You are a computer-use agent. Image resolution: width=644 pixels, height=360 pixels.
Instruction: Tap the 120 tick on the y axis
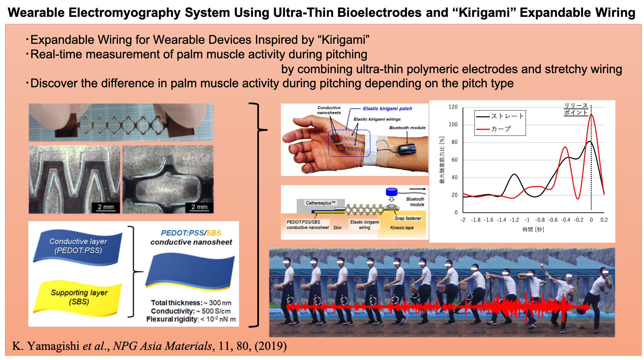coord(453,107)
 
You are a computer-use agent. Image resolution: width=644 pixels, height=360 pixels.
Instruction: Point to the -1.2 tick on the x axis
coord(514,220)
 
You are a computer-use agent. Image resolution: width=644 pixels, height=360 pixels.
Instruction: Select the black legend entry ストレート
coord(500,116)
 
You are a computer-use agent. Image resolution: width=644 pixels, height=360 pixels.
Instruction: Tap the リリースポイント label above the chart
coord(576,109)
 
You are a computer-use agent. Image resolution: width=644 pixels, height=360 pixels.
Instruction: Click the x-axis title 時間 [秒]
coord(533,230)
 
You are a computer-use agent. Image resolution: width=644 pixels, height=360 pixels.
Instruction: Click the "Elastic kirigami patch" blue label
coord(387,109)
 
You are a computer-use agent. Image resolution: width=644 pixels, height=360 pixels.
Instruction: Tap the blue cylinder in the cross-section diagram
coord(391,192)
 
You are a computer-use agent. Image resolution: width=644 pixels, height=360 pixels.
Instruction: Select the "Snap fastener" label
coord(408,218)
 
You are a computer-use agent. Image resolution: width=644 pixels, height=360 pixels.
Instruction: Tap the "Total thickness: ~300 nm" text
coord(191,303)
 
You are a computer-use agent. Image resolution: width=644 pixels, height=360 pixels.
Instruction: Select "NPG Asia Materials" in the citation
coord(162,346)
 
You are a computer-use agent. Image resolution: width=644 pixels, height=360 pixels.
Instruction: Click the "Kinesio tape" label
coord(402,228)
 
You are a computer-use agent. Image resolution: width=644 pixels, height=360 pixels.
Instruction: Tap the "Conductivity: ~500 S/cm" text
coord(191,311)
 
